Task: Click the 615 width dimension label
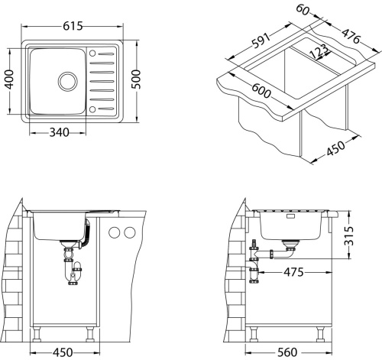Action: pyautogui.click(x=74, y=26)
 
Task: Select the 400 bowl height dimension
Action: pyautogui.click(x=10, y=79)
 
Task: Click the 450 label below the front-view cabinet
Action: pyautogui.click(x=63, y=352)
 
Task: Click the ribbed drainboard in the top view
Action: pyautogui.click(x=104, y=80)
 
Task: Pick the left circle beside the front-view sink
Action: pyautogui.click(x=115, y=232)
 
